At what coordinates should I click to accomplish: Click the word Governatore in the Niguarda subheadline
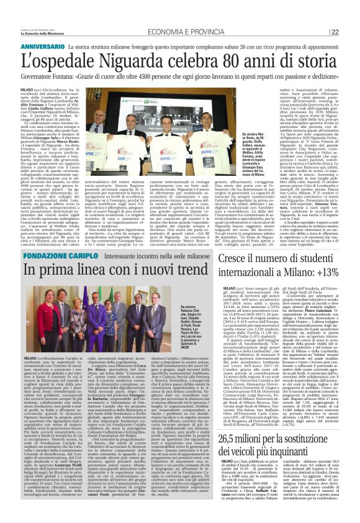(24, 76)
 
